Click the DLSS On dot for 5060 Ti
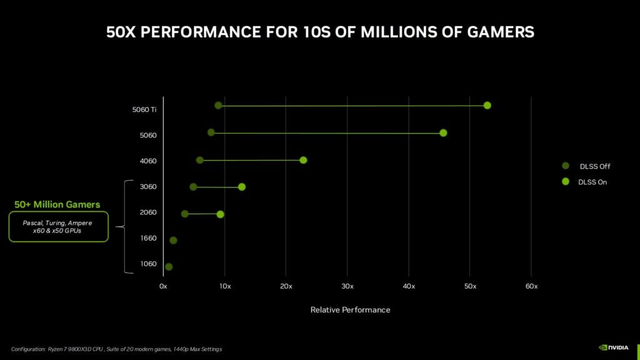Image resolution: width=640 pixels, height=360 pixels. coord(487,105)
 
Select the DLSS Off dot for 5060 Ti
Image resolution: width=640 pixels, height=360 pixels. coord(218,105)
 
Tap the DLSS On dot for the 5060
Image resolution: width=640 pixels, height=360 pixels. coord(443,132)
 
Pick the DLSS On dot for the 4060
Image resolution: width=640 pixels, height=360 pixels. coord(303,160)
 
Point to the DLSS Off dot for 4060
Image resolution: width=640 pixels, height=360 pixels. coord(199,160)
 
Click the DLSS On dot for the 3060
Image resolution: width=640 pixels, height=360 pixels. coord(242,187)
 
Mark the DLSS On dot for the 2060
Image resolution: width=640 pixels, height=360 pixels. coord(220,214)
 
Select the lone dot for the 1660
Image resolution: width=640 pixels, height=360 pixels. coord(173,241)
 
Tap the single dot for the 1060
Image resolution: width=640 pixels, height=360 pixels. coord(168,267)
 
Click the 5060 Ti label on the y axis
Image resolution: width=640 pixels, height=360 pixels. coord(144,109)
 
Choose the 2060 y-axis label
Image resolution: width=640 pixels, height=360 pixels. coord(147,212)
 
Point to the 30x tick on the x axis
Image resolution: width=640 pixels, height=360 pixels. coord(347,286)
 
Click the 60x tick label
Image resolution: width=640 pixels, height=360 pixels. coord(531,286)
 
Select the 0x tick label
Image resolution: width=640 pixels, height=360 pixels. coord(163,286)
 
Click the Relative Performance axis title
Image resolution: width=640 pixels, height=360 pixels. coord(350,310)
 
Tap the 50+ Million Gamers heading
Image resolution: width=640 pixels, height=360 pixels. coord(57,204)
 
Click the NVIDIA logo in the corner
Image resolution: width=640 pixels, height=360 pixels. coord(614,347)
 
